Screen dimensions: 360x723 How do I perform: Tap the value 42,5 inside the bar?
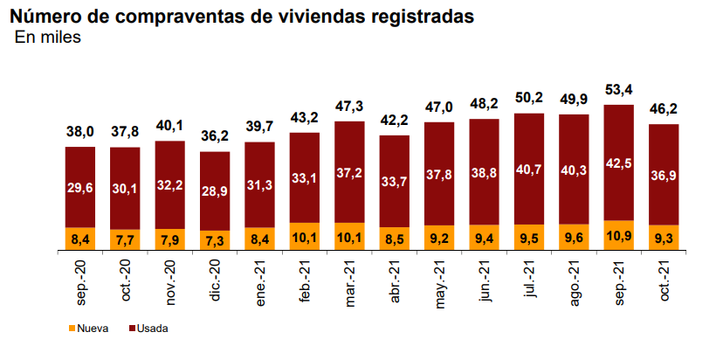[x=619, y=163]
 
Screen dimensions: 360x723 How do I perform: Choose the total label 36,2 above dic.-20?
[x=215, y=136]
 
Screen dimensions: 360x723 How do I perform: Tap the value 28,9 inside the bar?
[x=215, y=189]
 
